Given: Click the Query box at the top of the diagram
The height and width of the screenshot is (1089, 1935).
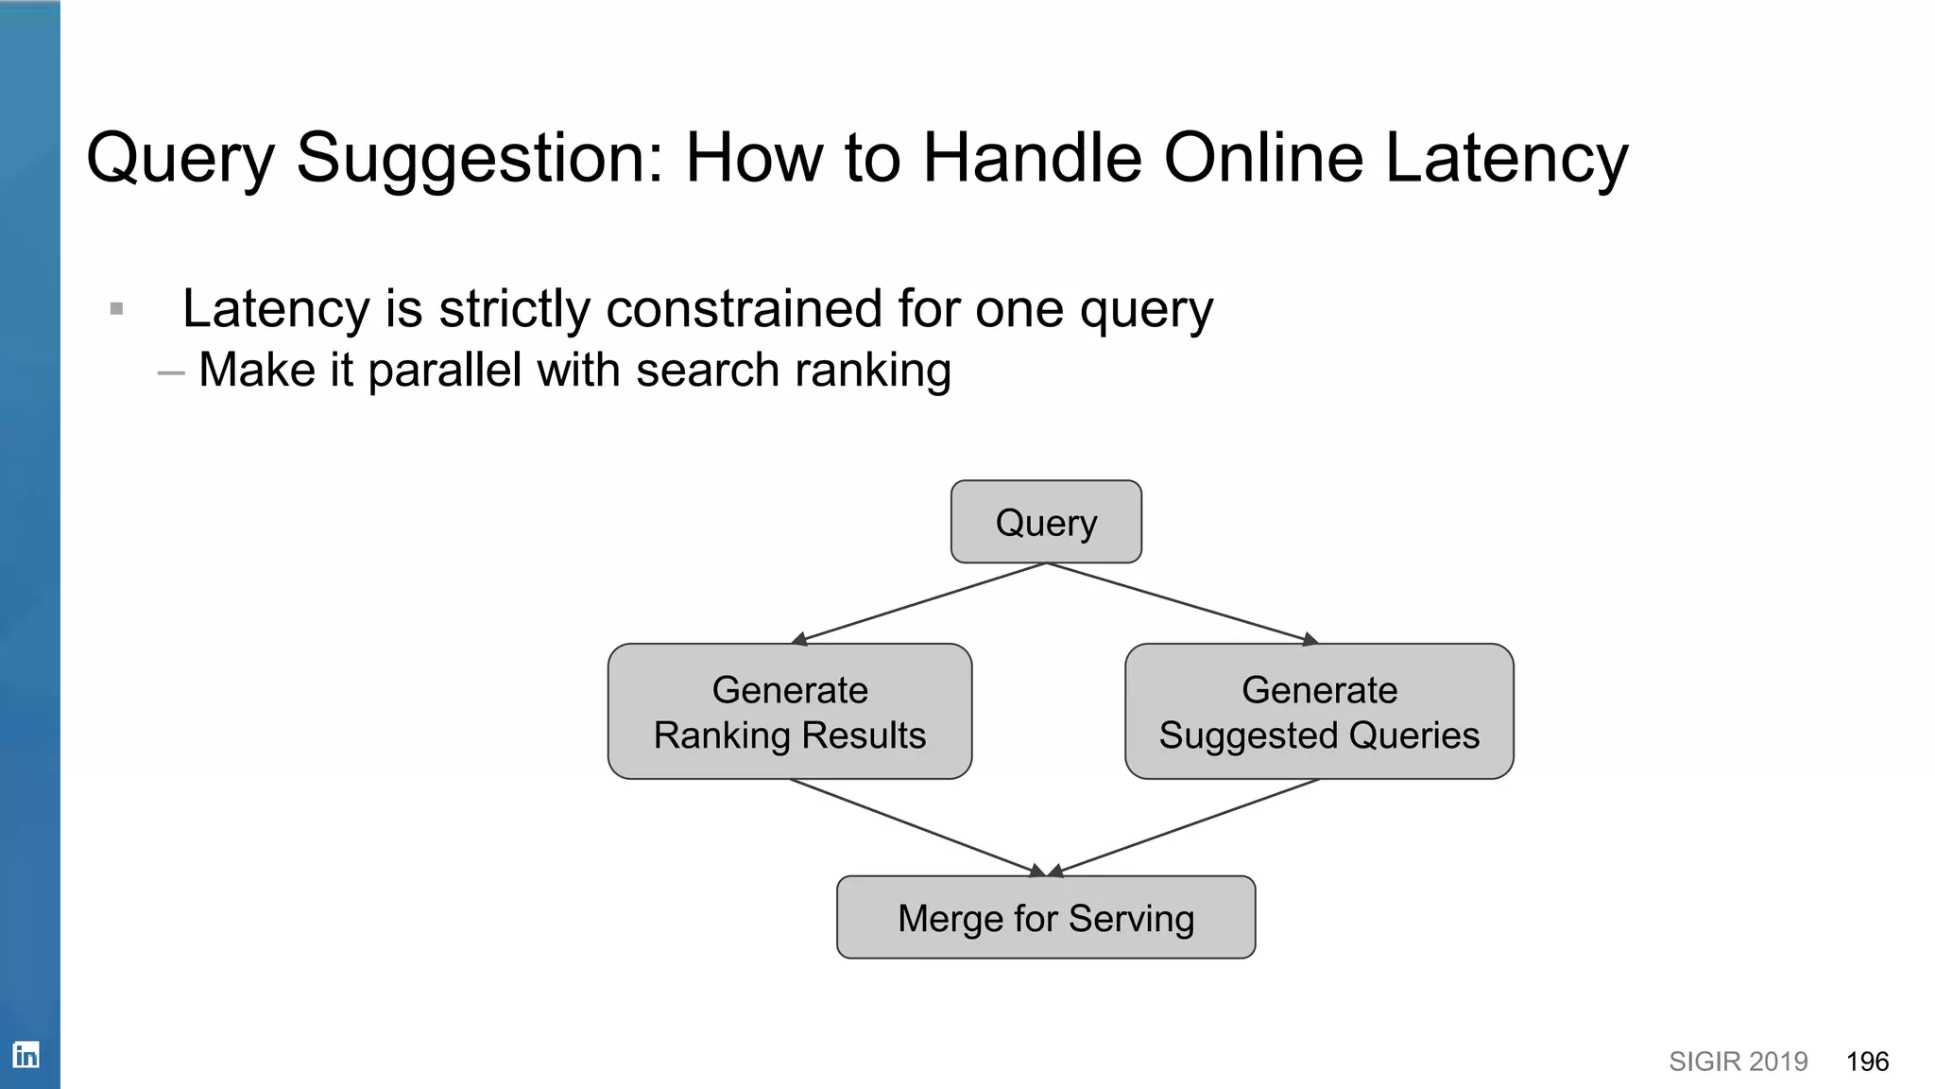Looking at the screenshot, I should [x=1046, y=522].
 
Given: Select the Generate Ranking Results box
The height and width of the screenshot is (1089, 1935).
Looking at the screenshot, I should [x=790, y=712].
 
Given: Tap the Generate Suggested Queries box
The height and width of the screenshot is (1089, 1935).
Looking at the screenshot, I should [x=1319, y=712].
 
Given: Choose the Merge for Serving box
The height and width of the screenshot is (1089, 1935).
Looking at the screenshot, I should [x=1046, y=917].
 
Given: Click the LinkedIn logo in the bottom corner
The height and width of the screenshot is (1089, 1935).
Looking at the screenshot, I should [x=26, y=1054].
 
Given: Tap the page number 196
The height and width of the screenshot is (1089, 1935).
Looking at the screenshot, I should [x=1867, y=1062].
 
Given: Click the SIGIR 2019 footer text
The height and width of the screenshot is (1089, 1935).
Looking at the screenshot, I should [x=1738, y=1062].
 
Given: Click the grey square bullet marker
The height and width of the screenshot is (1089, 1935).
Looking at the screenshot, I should [x=117, y=309].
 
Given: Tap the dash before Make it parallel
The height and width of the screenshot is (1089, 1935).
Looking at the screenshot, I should [x=171, y=372].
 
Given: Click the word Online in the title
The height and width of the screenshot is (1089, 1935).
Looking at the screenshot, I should [x=1263, y=158].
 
